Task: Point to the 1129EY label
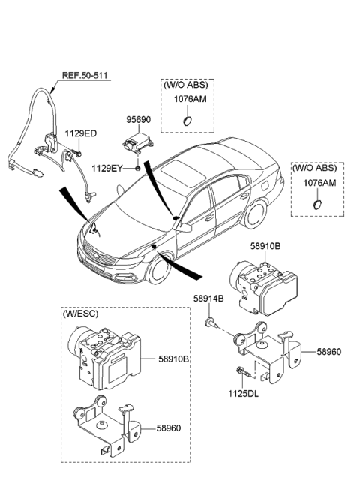[106, 167]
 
